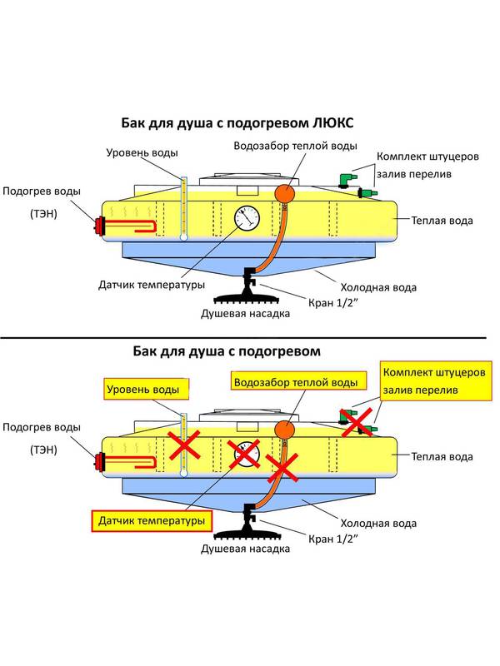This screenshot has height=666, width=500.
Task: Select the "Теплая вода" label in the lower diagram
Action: click(442, 457)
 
